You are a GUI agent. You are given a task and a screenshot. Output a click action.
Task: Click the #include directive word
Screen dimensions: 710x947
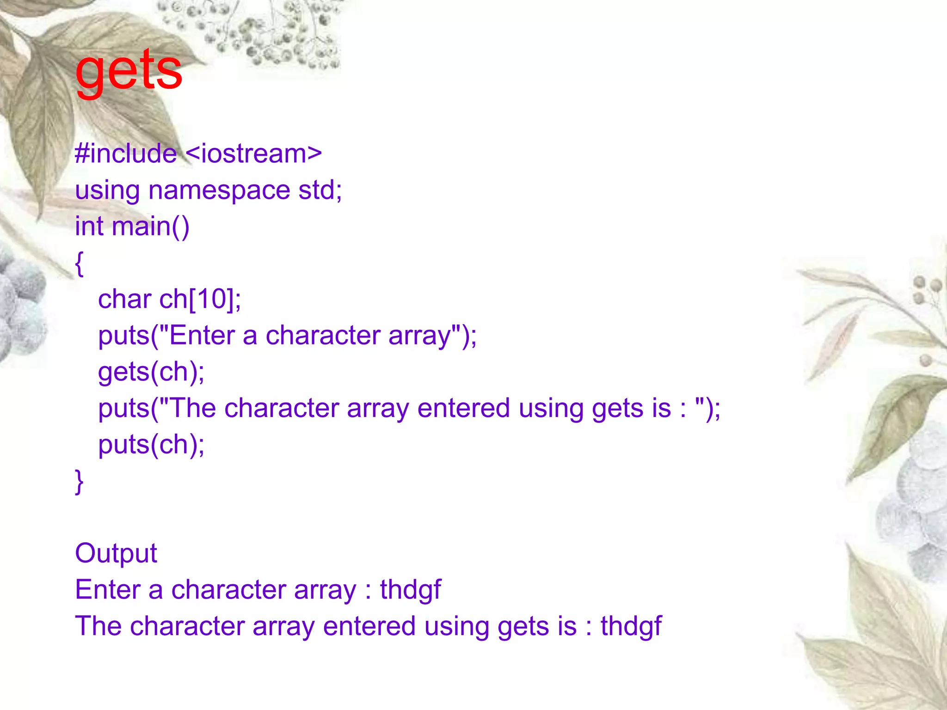pos(125,153)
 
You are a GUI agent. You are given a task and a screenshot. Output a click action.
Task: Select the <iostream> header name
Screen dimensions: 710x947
pos(254,153)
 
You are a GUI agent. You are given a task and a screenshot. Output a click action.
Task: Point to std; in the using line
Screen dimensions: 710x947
pos(320,190)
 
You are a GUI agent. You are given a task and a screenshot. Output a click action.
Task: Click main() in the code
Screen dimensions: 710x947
pos(150,226)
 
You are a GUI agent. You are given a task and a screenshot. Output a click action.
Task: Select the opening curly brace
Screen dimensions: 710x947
pos(80,263)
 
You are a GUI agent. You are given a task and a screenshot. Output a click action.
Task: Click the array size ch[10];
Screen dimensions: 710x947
pos(200,300)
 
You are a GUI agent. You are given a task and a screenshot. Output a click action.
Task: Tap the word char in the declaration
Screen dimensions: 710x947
pos(124,300)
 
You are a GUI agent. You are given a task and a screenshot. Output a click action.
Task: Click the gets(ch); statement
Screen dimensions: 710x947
pos(151,372)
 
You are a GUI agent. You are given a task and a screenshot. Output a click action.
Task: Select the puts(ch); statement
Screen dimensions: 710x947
pos(151,445)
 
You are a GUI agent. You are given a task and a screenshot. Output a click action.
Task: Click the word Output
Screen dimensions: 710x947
pos(116,553)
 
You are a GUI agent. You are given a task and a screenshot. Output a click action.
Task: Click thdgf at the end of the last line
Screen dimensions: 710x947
pos(631,626)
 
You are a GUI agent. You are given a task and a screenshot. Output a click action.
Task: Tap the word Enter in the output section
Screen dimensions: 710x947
pos(108,590)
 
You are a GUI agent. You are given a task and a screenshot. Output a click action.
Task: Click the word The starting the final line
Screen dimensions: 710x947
pos(98,626)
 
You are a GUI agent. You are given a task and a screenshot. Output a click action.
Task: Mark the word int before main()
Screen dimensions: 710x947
pos(89,226)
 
